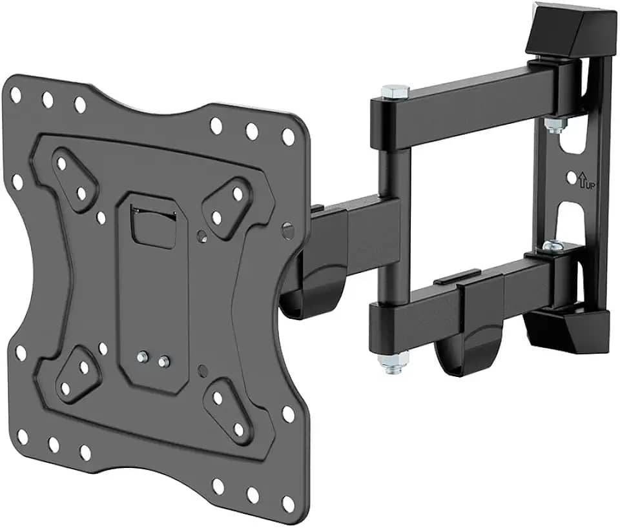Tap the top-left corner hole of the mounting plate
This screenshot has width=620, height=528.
[15, 95]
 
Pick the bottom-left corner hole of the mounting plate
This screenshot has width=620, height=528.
[21, 436]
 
